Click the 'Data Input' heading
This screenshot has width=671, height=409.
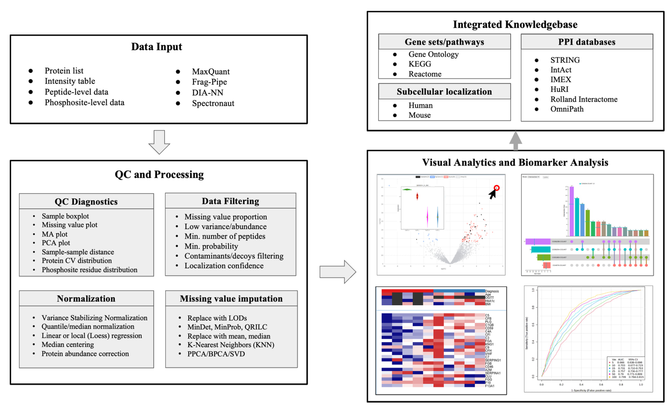click(x=157, y=47)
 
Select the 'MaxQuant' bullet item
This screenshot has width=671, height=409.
click(x=211, y=72)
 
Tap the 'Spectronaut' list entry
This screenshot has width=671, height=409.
click(x=213, y=103)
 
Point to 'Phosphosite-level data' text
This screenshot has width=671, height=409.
click(x=84, y=103)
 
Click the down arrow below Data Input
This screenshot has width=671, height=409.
click(x=159, y=142)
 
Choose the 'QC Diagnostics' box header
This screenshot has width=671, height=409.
click(x=86, y=202)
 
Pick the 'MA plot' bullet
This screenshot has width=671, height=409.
click(x=55, y=234)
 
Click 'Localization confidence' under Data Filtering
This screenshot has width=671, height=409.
click(x=224, y=266)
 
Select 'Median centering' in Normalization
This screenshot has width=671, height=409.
click(x=67, y=345)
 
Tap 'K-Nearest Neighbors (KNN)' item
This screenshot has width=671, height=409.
click(x=231, y=345)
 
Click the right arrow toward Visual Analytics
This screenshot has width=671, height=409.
click(x=338, y=272)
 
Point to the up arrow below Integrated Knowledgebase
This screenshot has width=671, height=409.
click(x=515, y=141)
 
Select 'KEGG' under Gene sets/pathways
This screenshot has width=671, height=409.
click(x=420, y=64)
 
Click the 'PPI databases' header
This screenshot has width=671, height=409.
click(x=586, y=42)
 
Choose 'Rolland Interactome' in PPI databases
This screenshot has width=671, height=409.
click(x=584, y=99)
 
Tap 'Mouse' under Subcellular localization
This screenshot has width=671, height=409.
click(x=419, y=115)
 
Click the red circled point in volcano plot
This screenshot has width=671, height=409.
click(x=497, y=188)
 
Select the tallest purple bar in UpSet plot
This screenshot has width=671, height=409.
click(x=572, y=211)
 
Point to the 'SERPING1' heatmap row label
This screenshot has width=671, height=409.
click(x=493, y=360)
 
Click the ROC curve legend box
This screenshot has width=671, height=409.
click(x=626, y=368)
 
